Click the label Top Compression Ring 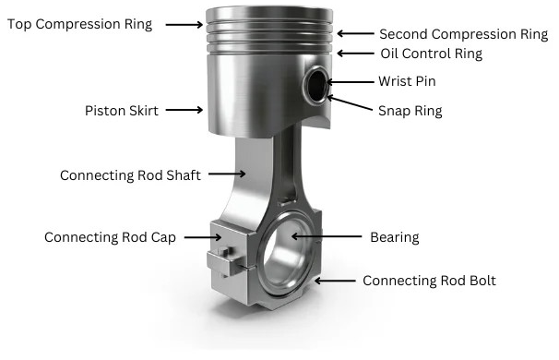(x=79, y=24)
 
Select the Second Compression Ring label (x=463, y=34)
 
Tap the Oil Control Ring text (x=431, y=54)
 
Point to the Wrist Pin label (x=407, y=81)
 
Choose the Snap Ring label (x=410, y=111)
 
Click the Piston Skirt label (x=121, y=111)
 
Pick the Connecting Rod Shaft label (x=130, y=175)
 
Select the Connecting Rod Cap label (x=110, y=237)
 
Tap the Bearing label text (x=394, y=237)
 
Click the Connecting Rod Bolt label (x=429, y=281)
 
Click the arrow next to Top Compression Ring (x=184, y=25)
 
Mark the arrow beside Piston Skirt (x=184, y=110)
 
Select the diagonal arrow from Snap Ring (x=350, y=102)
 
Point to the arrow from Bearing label (x=327, y=236)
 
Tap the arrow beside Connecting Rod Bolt (x=335, y=282)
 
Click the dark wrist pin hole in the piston (x=316, y=85)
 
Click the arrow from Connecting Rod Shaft (x=227, y=174)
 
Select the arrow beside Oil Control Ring (x=355, y=54)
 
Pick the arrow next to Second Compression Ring (x=355, y=33)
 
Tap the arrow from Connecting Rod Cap (x=203, y=237)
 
